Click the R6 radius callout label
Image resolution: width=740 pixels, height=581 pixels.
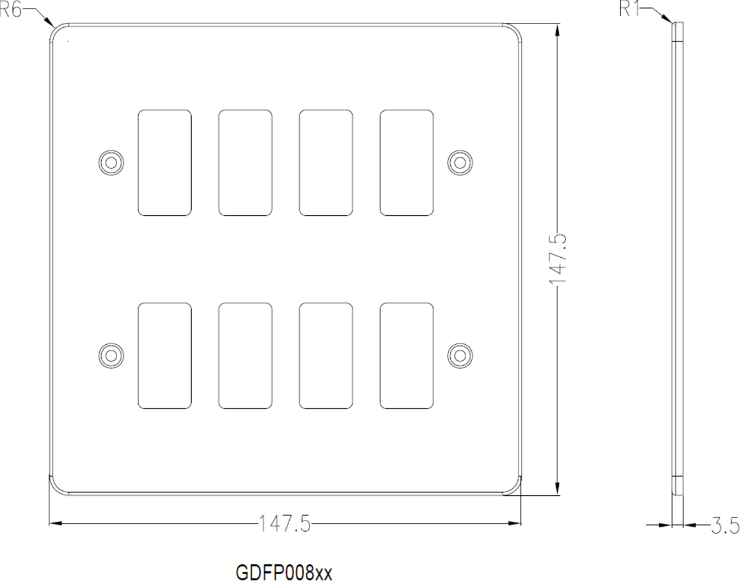(10, 9)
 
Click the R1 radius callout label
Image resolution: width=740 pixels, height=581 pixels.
(630, 9)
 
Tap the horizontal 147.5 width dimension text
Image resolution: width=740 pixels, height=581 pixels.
(285, 524)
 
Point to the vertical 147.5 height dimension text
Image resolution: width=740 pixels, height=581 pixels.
(558, 258)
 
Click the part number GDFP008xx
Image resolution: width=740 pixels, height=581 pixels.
(284, 572)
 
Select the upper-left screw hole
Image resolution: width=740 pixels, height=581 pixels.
(111, 163)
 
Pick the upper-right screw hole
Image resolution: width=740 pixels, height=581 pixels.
(460, 163)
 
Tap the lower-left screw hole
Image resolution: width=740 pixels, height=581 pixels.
(111, 355)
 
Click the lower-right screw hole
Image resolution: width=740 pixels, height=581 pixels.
(460, 355)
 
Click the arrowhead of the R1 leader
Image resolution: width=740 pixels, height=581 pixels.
(672, 22)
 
